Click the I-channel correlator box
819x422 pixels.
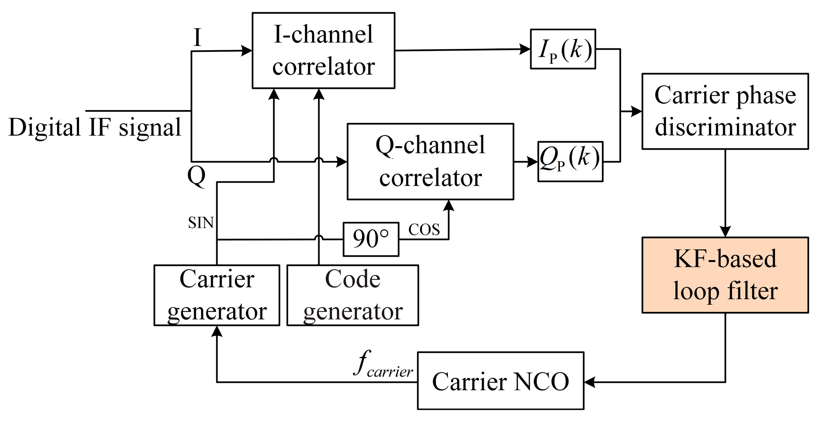point(323,51)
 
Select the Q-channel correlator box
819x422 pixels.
point(430,161)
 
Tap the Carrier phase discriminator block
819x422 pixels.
point(725,111)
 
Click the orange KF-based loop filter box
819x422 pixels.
point(725,275)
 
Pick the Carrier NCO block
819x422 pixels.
point(500,381)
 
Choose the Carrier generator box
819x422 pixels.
point(217,295)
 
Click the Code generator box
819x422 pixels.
point(353,295)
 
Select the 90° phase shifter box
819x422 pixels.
point(371,239)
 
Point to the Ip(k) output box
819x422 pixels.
point(563,49)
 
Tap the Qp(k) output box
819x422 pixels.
point(570,161)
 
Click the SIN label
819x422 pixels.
point(201,223)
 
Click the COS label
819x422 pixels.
point(424,230)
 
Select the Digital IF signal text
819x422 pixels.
point(95,127)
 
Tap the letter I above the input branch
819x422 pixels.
point(197,38)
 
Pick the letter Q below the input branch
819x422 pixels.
point(196,175)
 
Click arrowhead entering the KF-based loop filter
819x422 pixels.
point(725,232)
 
